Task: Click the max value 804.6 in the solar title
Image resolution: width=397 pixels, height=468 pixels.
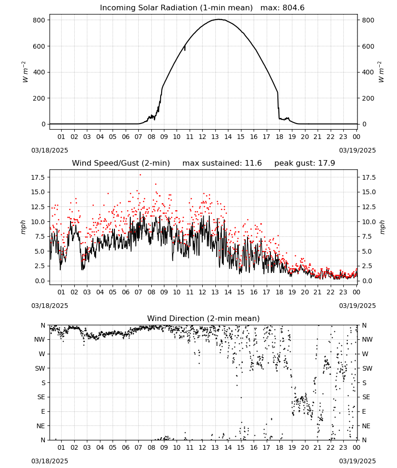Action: pyautogui.click(x=293, y=8)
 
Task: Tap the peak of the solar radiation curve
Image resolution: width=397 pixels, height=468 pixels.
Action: pyautogui.click(x=218, y=19)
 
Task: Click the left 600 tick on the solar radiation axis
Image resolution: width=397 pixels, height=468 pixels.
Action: pyautogui.click(x=39, y=46)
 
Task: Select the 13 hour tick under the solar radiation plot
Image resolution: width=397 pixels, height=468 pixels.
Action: pyautogui.click(x=215, y=137)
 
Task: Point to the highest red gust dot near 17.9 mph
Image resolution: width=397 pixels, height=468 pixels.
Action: pyautogui.click(x=140, y=175)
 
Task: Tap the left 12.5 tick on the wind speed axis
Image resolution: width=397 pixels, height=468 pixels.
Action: pyautogui.click(x=38, y=207)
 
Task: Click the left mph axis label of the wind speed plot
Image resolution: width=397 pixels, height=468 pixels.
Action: pyautogui.click(x=23, y=227)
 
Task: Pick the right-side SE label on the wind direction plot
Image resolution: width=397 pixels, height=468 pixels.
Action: pyautogui.click(x=366, y=397)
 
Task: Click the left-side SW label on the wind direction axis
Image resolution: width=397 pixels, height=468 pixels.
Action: pyautogui.click(x=40, y=368)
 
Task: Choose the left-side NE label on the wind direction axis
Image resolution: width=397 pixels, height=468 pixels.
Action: pyautogui.click(x=41, y=426)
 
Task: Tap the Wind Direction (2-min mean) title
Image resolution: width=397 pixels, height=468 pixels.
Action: pyautogui.click(x=204, y=318)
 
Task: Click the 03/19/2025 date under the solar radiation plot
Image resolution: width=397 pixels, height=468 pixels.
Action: pyautogui.click(x=357, y=150)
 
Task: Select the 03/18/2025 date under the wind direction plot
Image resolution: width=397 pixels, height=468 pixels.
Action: pyautogui.click(x=50, y=461)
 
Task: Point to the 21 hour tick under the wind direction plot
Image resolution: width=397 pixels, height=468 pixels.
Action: pyautogui.click(x=318, y=447)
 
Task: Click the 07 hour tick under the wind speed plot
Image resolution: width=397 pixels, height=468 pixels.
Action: pyautogui.click(x=138, y=292)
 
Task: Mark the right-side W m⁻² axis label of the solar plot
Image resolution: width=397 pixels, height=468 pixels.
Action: pyautogui.click(x=382, y=72)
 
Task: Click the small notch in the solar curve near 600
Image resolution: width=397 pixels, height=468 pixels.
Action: pyautogui.click(x=184, y=48)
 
